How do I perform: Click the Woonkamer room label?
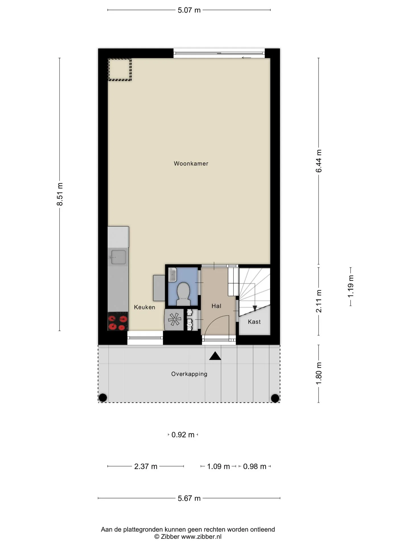[x=191, y=164]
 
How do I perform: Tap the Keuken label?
[x=145, y=307]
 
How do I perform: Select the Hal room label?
[x=216, y=306]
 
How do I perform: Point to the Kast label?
[x=254, y=322]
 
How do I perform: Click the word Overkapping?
[x=189, y=374]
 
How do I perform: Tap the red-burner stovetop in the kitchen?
[x=118, y=321]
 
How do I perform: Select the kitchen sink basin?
[x=118, y=257]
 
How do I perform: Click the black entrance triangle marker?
[x=215, y=356]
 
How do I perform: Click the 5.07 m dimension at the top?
[x=189, y=10]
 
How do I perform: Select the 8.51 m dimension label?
[x=60, y=194]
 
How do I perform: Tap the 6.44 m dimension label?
[x=319, y=161]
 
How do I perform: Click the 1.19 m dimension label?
[x=350, y=286]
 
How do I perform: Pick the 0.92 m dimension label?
[x=183, y=435]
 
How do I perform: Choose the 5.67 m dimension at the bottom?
[x=189, y=498]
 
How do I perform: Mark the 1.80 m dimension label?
[x=319, y=373]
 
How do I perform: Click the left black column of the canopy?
[x=102, y=398]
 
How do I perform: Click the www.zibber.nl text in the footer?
[x=201, y=537]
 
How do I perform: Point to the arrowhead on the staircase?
[x=255, y=308]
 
